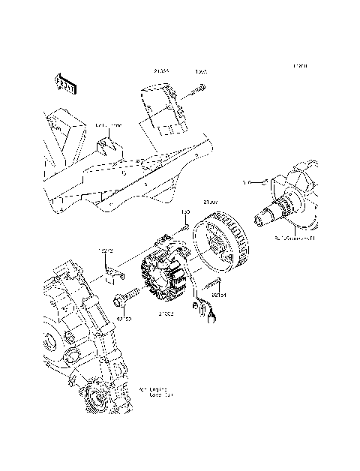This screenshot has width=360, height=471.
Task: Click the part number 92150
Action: pos(124,318)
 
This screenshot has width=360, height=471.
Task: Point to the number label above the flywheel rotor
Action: pos(212,202)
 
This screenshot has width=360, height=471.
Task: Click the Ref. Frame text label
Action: pos(109,126)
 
